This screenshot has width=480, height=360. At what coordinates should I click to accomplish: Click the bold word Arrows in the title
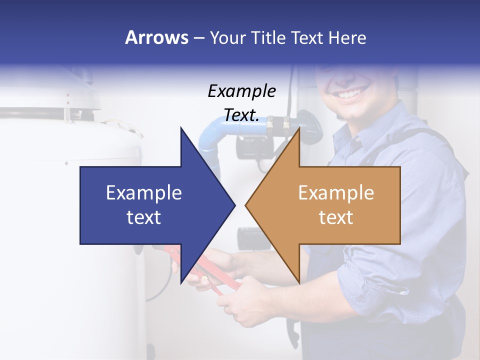(x=156, y=37)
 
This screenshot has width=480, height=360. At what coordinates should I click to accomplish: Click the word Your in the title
(x=227, y=37)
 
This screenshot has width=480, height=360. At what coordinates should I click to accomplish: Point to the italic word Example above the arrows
(x=242, y=91)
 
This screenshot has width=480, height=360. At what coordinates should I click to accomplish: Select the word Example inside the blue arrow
(x=144, y=192)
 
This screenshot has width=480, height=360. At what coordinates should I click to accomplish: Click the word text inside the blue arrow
(x=144, y=217)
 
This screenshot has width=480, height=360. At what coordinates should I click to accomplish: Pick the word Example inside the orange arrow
(x=336, y=192)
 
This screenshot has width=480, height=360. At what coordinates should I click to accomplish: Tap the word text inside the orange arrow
(x=336, y=217)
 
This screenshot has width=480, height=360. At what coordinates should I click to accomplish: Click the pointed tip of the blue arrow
(x=234, y=205)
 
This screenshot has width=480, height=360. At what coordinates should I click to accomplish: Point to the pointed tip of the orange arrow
(x=246, y=205)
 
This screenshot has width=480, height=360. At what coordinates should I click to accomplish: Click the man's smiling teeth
(x=353, y=92)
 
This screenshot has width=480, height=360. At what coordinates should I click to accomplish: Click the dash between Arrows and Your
(x=198, y=38)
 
